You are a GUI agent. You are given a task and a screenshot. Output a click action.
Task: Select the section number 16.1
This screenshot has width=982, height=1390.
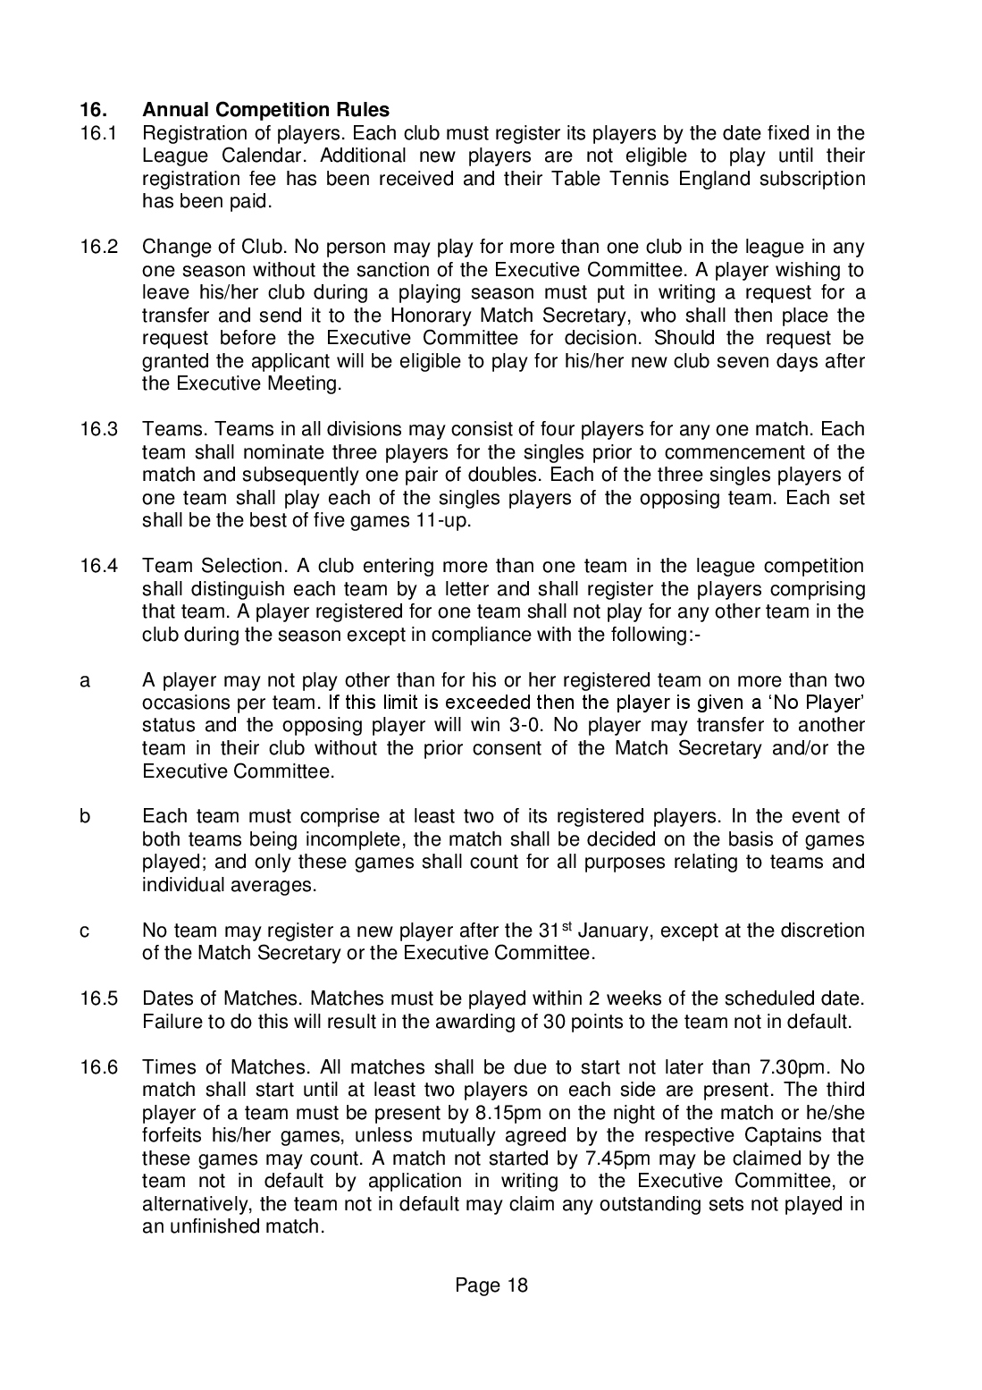[x=97, y=133]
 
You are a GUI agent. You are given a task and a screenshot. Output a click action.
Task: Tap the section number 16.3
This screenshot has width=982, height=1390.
[x=97, y=429]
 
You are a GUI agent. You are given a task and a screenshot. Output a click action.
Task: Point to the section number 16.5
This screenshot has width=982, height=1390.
[x=97, y=998]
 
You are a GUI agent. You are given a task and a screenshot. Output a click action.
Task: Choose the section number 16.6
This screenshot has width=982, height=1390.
[x=97, y=1067]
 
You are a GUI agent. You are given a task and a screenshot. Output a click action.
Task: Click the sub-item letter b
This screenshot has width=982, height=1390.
[x=86, y=816]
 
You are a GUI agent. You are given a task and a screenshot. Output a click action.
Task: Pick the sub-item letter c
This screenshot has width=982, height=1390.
[x=85, y=931]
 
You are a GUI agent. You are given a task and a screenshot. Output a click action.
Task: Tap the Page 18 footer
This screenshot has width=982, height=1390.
[x=491, y=1285]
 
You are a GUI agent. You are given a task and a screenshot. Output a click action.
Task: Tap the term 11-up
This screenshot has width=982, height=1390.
[x=442, y=520]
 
